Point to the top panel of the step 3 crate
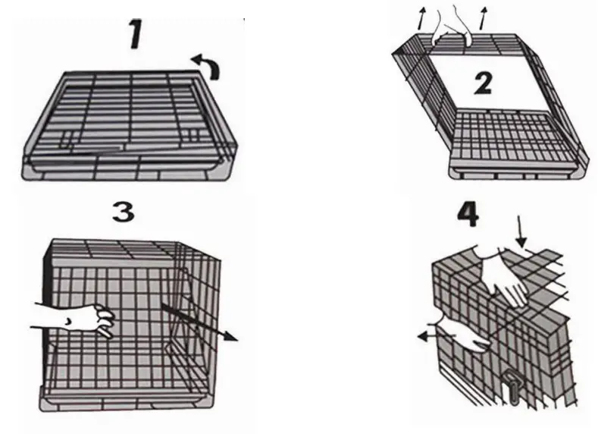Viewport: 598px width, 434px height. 114,250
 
